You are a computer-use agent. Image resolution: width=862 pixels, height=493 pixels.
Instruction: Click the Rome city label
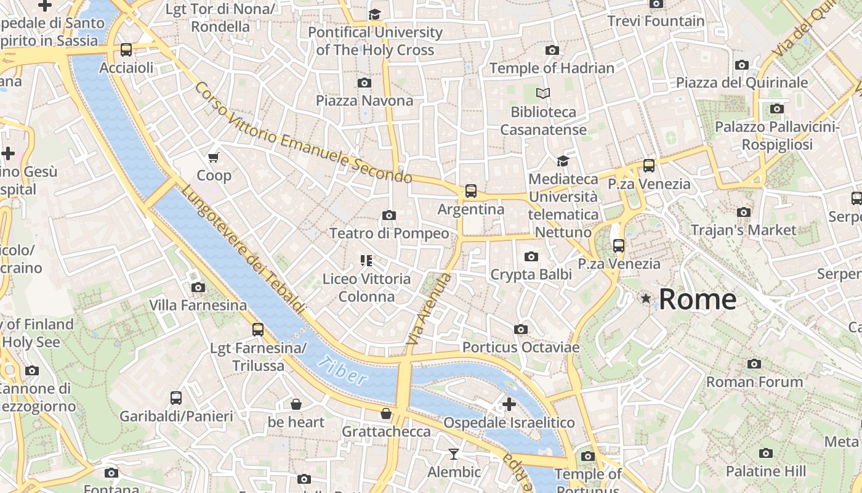tap(697, 299)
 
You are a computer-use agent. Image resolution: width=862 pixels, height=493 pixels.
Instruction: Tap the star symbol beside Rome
tap(646, 299)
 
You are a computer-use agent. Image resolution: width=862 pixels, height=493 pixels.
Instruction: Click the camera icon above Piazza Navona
tap(365, 83)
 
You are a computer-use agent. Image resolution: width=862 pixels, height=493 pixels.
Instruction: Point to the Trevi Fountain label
tap(656, 21)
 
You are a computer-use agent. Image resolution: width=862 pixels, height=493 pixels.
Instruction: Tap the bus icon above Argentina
tap(471, 191)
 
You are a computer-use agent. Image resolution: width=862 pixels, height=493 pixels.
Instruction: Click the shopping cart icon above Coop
tap(214, 157)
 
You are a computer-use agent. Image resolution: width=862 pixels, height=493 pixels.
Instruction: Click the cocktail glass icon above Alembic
tap(454, 454)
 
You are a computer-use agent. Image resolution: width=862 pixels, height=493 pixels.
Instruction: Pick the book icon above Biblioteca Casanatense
tap(543, 94)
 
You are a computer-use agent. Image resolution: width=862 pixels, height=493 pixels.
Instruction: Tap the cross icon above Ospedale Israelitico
tap(509, 404)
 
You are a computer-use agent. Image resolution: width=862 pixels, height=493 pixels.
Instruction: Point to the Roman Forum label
tap(754, 382)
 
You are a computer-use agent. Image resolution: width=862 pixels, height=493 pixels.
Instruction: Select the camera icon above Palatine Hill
tap(766, 454)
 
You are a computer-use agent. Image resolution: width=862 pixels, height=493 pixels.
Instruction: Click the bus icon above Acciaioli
tap(126, 50)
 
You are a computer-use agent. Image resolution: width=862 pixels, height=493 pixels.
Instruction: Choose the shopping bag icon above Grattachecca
tap(386, 413)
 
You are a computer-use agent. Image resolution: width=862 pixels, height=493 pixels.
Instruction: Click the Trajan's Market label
tap(743, 230)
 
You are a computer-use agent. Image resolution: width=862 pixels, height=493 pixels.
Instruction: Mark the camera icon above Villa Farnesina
tap(198, 287)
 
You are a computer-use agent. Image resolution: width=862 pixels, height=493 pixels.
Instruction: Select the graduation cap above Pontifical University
tap(374, 14)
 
